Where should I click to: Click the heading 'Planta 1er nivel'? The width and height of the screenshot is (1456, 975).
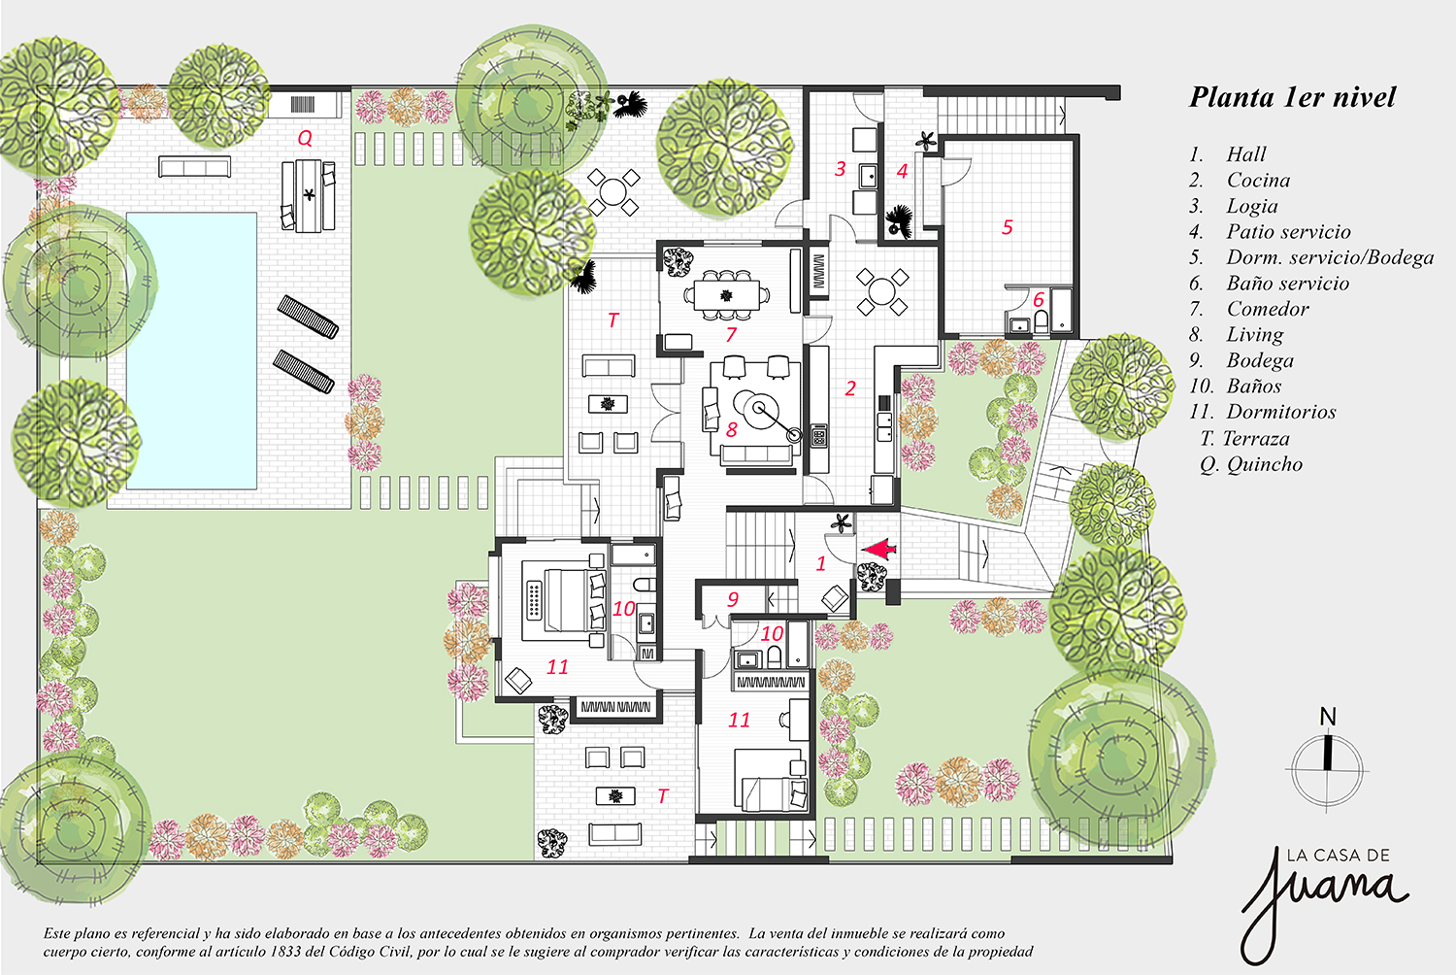tap(1292, 97)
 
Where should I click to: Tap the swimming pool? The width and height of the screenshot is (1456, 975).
tap(191, 351)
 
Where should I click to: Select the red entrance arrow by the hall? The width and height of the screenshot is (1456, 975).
tap(878, 550)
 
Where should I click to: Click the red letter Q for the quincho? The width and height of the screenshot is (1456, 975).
tap(305, 138)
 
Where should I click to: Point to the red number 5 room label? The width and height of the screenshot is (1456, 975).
tap(1007, 227)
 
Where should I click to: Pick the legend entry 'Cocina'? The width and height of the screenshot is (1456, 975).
tap(1258, 181)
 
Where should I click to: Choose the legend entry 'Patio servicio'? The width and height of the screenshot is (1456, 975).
tap(1288, 231)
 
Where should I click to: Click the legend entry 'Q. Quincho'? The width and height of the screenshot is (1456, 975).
tap(1251, 464)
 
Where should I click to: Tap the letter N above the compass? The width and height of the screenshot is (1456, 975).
tap(1328, 717)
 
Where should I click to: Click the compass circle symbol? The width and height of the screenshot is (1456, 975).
tap(1327, 769)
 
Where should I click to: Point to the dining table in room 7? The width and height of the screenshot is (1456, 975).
tap(726, 295)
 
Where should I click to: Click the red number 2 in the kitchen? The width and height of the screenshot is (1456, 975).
tap(850, 388)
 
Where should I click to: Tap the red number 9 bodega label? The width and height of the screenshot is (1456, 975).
tap(733, 599)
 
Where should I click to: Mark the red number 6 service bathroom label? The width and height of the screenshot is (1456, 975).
tap(1038, 300)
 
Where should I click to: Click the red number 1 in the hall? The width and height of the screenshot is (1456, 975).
tap(820, 563)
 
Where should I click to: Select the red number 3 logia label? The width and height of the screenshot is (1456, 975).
tap(840, 169)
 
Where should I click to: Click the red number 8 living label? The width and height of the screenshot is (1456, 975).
tap(731, 429)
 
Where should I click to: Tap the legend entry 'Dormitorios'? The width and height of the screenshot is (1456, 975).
tap(1281, 412)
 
